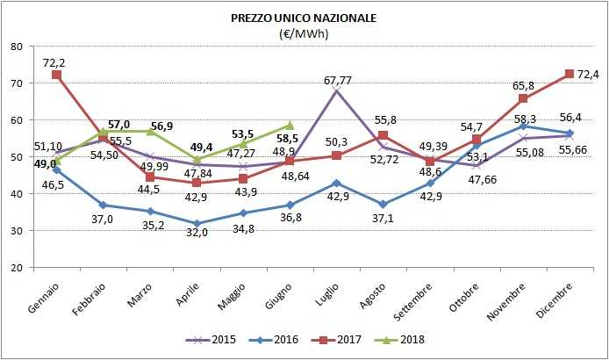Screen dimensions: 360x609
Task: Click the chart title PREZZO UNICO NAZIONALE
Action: pos(303,18)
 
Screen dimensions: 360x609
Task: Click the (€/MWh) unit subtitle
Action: pos(303,33)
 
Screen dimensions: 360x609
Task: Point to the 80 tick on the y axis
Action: pos(17,47)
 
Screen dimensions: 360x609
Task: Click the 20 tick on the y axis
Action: pos(17,268)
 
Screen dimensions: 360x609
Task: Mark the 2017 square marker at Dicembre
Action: pos(570,74)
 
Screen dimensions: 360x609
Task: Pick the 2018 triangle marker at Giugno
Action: pos(290,126)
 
